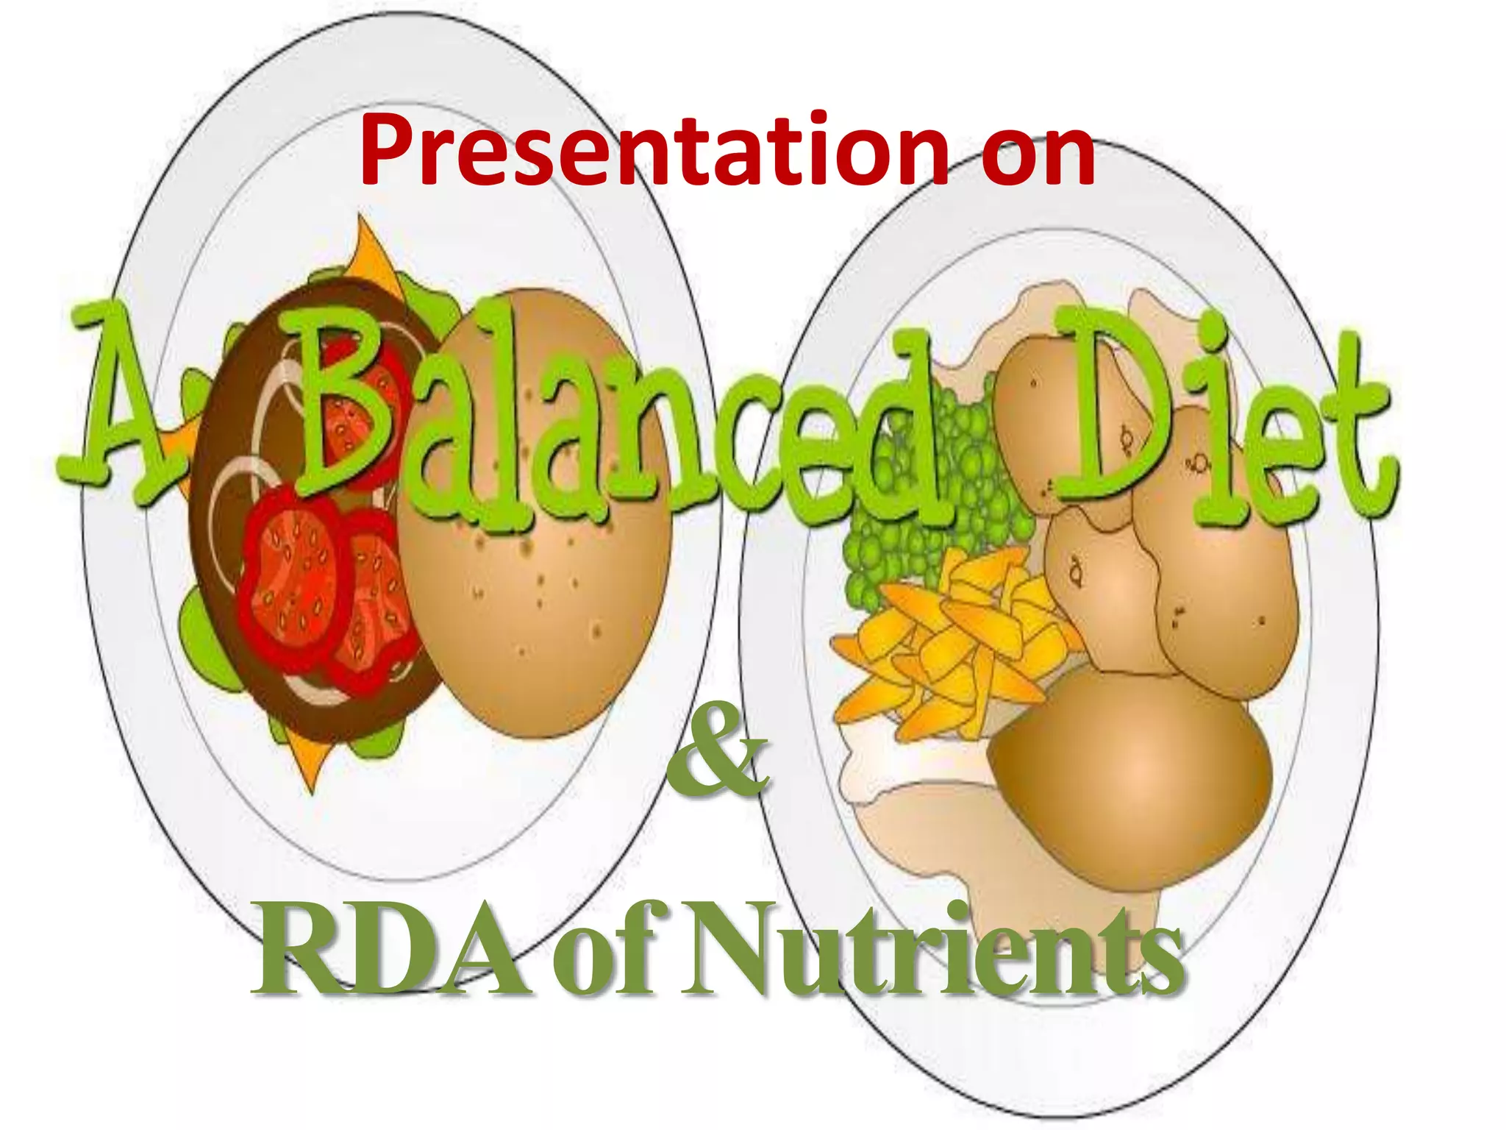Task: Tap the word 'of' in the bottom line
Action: pos(603,956)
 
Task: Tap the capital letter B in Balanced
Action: pos(346,397)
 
